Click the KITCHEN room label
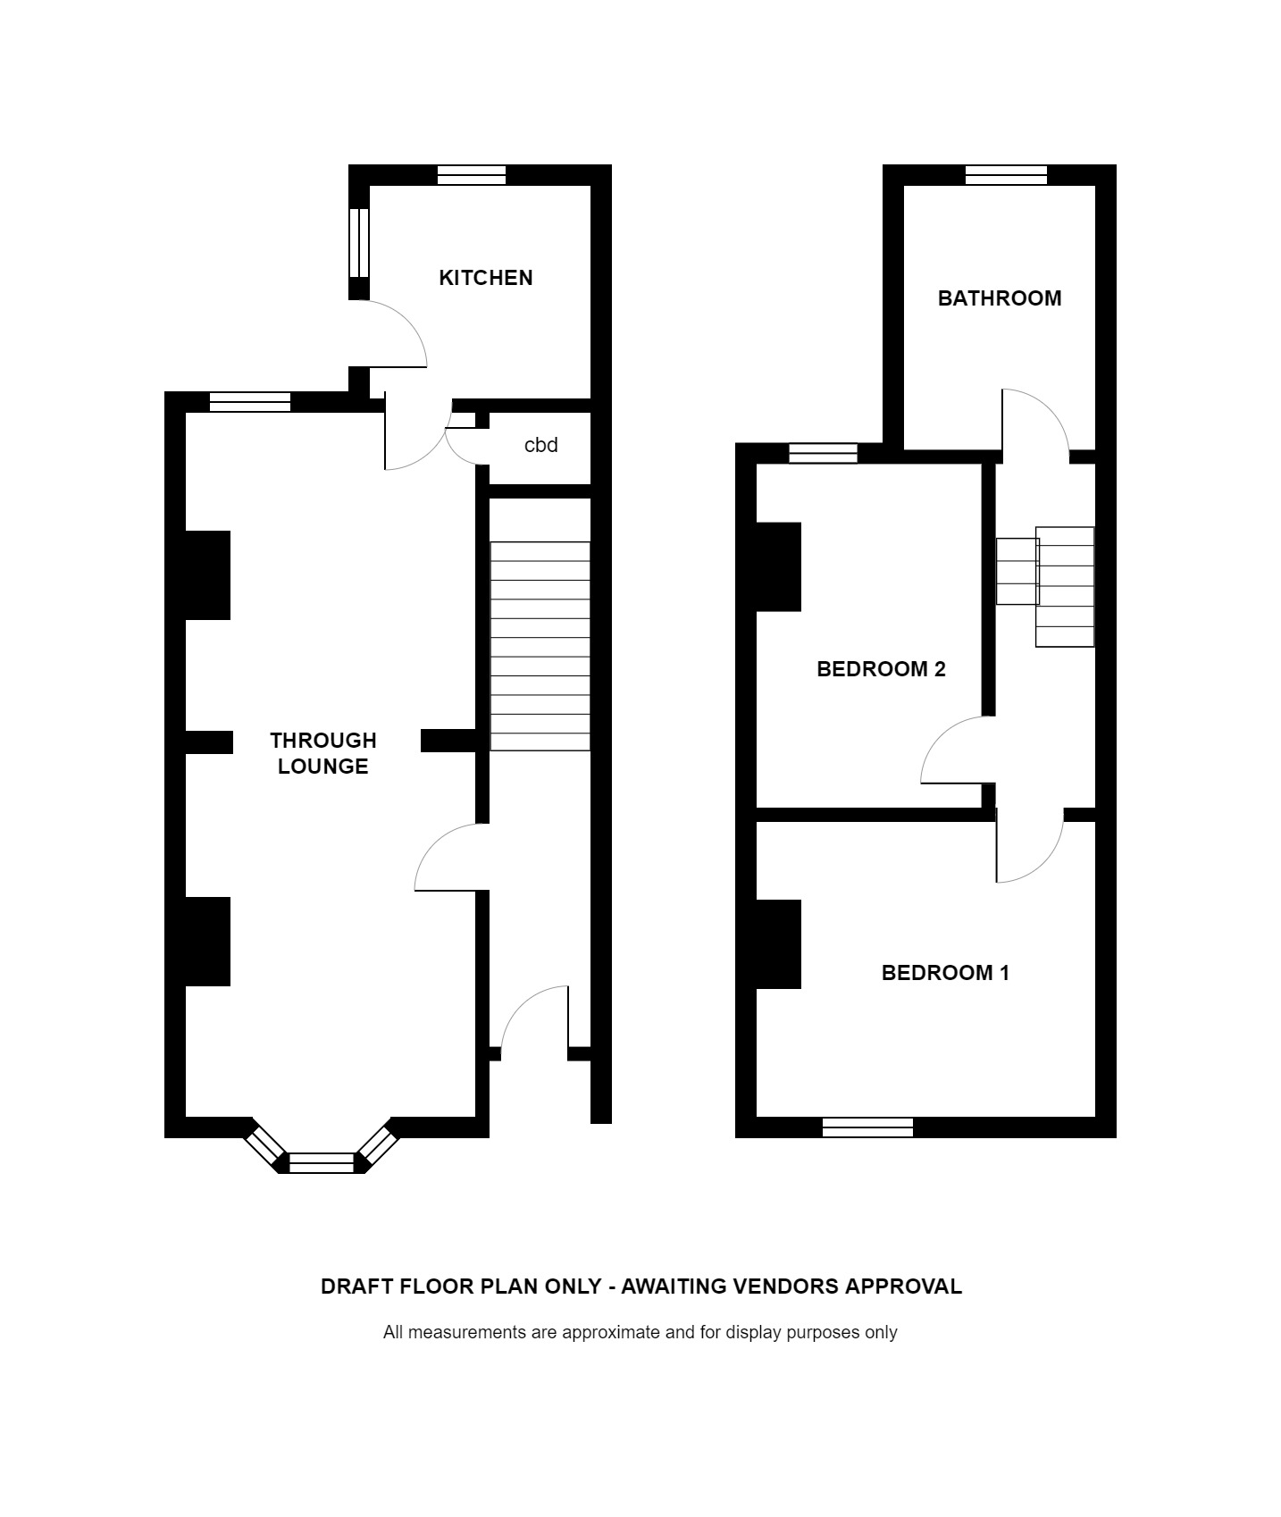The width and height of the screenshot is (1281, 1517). [486, 278]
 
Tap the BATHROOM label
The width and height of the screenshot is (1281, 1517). [1000, 298]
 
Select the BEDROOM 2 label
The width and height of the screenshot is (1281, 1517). [881, 669]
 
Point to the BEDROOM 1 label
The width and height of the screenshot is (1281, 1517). [945, 973]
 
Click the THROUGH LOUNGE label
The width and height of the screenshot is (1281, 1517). [323, 753]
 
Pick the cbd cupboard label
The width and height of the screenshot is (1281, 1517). [541, 445]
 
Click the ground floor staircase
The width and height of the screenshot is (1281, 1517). [540, 646]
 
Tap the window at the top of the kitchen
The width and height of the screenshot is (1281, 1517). [472, 175]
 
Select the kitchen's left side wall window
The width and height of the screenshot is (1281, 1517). [358, 243]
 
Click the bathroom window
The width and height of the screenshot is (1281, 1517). [1006, 175]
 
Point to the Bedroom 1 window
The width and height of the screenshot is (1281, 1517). [867, 1127]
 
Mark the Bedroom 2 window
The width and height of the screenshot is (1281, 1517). [823, 454]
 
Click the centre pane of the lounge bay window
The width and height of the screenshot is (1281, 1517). [322, 1162]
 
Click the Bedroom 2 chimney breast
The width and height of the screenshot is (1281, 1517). [779, 567]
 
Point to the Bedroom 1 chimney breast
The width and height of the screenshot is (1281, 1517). [779, 943]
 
